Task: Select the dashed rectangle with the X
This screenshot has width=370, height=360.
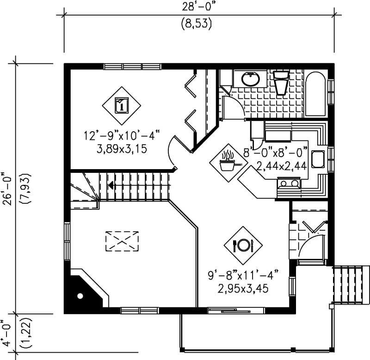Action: click(x=123, y=241)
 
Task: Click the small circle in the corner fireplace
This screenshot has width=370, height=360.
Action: click(x=80, y=295)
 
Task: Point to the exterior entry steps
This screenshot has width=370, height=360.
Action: click(x=351, y=285)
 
